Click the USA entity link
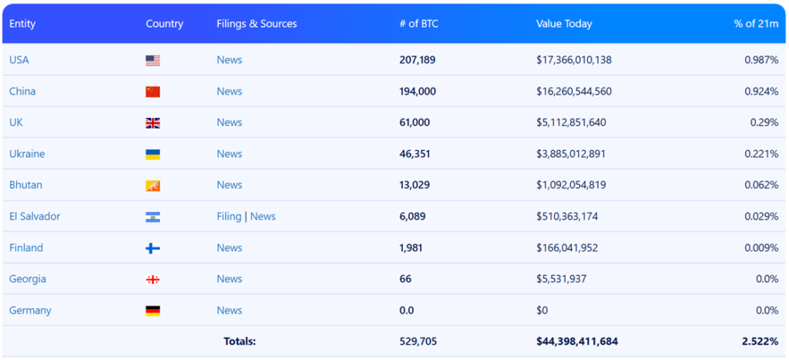(19, 60)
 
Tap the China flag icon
(153, 92)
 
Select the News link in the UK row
(229, 123)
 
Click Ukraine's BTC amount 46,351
(415, 154)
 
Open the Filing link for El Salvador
(229, 217)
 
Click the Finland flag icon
(153, 248)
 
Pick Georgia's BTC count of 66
(405, 279)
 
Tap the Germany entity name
(30, 311)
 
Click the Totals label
(240, 341)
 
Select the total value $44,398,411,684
(577, 341)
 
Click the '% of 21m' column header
(756, 24)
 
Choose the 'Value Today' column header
(564, 24)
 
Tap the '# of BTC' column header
(418, 24)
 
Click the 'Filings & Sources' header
(257, 24)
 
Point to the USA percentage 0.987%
(761, 60)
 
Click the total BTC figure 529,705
(418, 341)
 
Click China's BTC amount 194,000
(418, 92)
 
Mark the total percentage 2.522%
(760, 341)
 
